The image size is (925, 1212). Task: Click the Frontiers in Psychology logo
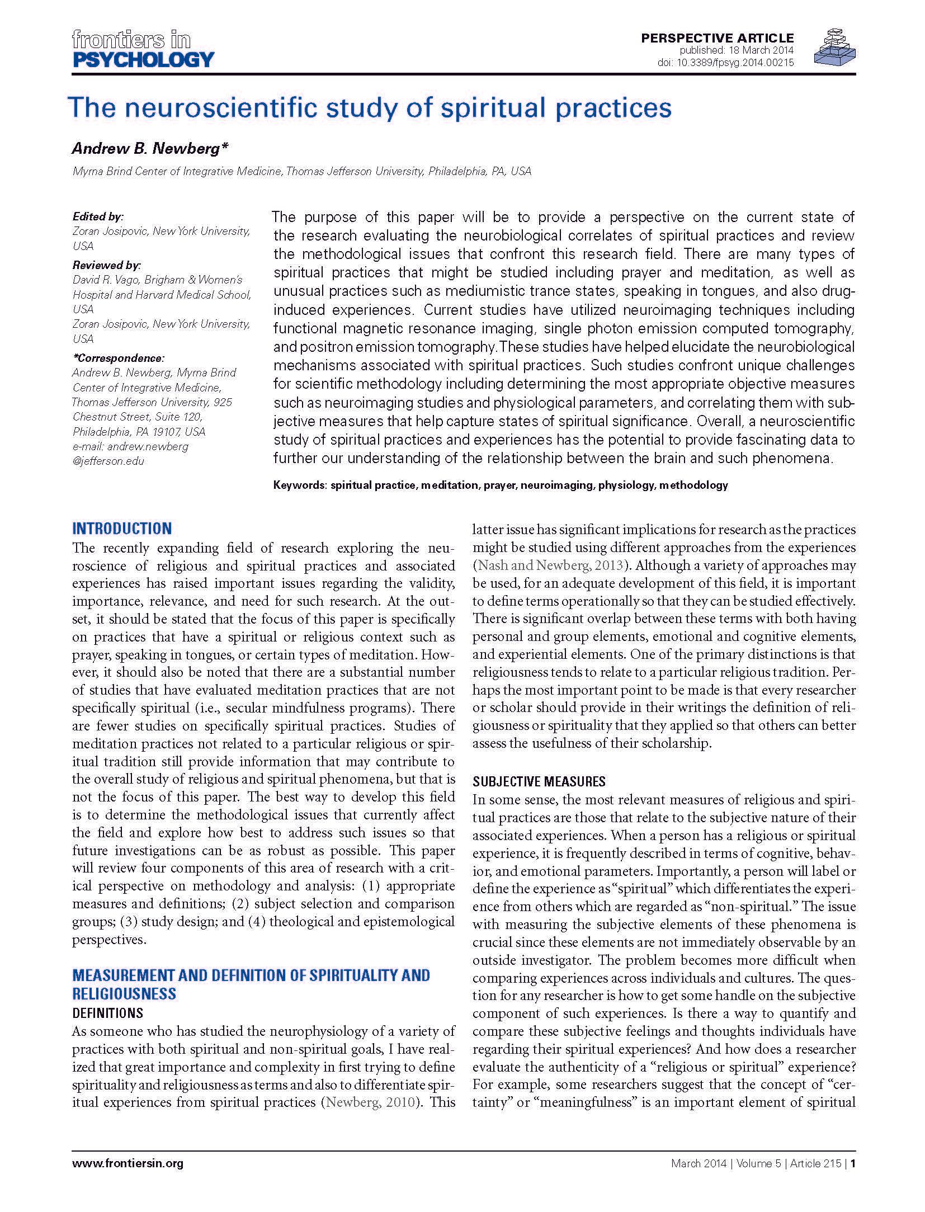coord(143,49)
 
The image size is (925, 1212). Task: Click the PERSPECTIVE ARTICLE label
coord(717,38)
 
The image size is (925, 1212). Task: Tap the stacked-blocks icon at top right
coord(834,48)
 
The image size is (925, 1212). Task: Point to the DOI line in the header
coord(725,63)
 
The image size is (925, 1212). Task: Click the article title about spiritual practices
coord(369,108)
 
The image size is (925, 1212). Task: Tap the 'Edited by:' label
coord(98,216)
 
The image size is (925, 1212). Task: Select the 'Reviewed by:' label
coord(106,265)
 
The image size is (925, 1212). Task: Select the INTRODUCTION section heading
coord(122,529)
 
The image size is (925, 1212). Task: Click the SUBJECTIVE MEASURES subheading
coord(539,781)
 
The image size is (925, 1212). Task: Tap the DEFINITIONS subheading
coord(107,1013)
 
